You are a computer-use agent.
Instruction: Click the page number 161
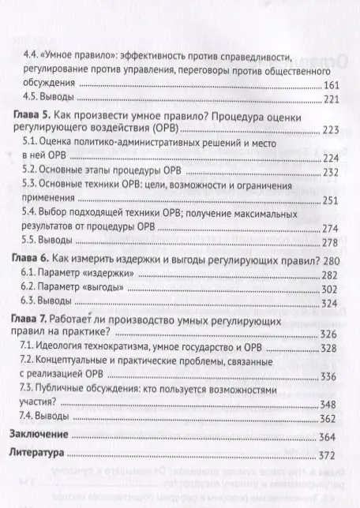click(331, 85)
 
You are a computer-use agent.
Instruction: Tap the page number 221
click(331, 99)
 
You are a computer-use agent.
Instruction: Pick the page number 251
click(331, 200)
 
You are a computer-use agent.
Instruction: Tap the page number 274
click(331, 228)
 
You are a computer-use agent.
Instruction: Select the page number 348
click(331, 405)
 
